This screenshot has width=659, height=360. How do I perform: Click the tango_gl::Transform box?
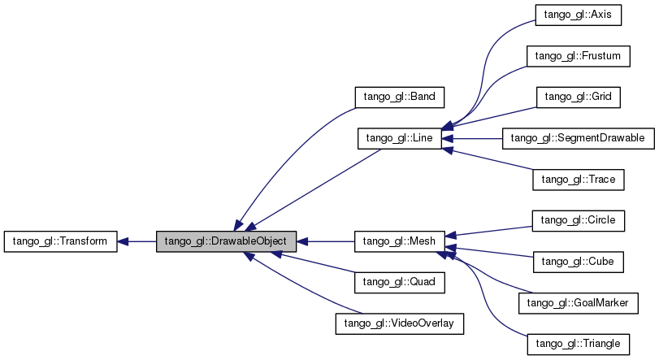click(61, 241)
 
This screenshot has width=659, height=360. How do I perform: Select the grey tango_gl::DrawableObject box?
click(226, 241)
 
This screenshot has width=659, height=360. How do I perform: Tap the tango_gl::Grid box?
click(578, 97)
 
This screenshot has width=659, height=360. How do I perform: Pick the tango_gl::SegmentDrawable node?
click(578, 138)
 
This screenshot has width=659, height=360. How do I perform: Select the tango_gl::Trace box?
click(578, 180)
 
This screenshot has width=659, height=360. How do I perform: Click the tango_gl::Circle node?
click(578, 220)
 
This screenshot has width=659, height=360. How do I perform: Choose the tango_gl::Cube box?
click(578, 262)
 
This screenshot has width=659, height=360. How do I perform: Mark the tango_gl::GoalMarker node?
click(578, 303)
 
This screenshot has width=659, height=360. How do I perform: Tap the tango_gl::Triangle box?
click(578, 345)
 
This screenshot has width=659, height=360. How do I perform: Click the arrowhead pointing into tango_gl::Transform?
click(124, 241)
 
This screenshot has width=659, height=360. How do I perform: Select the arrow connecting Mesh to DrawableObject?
click(325, 241)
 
